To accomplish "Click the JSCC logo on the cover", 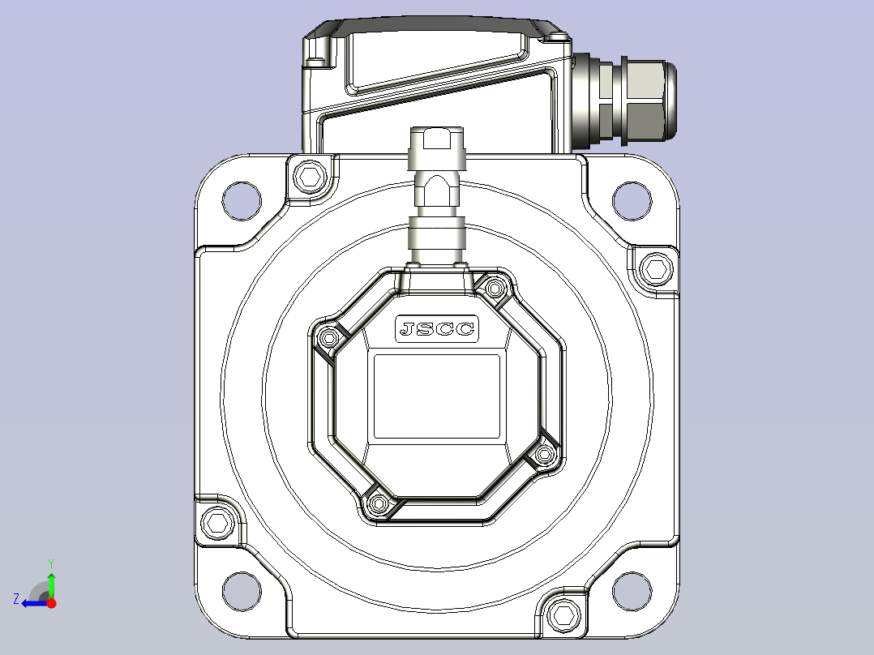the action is (437, 329).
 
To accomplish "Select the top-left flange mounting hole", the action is (242, 201).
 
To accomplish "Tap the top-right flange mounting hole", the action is (632, 201).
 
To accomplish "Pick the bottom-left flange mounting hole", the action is (242, 591).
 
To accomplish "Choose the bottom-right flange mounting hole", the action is (632, 591).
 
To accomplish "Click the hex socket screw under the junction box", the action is (310, 177).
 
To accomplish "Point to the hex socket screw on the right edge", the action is (655, 269).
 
